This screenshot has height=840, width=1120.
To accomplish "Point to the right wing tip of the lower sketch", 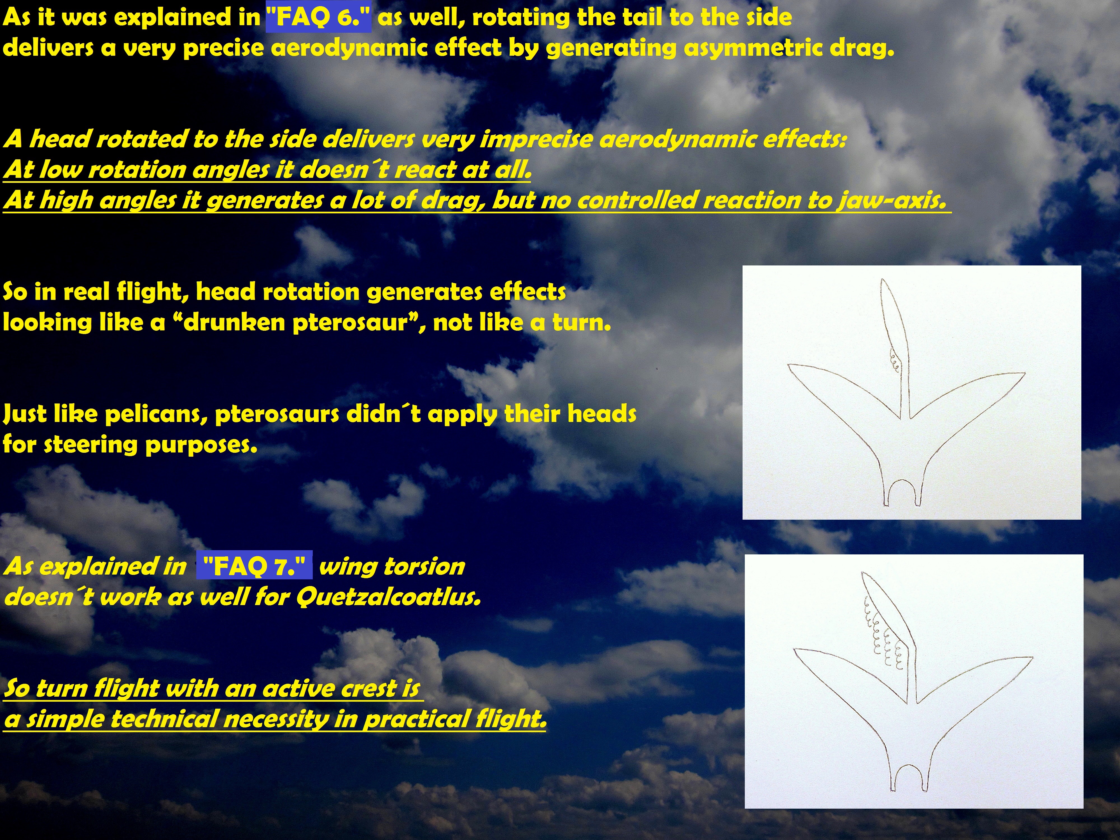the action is click(1032, 658).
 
